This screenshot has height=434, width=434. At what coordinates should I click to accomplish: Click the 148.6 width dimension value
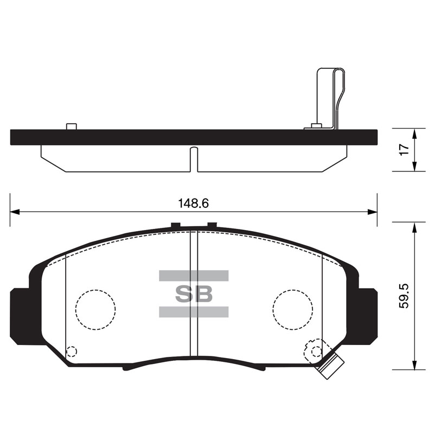click(x=193, y=203)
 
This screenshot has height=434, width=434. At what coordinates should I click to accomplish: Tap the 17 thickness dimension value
click(x=404, y=150)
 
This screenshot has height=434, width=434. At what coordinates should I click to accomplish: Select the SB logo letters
click(x=194, y=293)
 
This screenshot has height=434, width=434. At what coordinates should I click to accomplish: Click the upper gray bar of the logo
click(x=194, y=276)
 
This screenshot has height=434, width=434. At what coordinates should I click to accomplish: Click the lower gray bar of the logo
click(x=194, y=311)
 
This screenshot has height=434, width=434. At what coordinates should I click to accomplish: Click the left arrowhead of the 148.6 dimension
click(x=15, y=212)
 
